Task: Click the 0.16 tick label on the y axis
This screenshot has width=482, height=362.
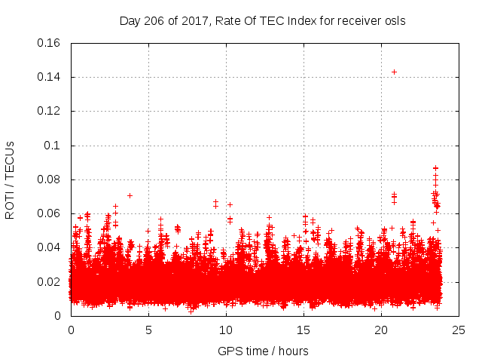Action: click(50, 43)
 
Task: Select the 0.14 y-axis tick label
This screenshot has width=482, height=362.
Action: click(50, 77)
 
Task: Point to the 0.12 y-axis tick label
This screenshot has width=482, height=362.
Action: click(50, 111)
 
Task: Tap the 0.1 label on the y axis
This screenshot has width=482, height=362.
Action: click(53, 145)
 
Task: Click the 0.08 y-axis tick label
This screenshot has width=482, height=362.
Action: click(50, 179)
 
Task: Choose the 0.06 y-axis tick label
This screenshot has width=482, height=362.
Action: click(50, 213)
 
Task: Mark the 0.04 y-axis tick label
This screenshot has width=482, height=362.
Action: click(50, 247)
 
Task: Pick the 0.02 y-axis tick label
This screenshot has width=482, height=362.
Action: click(50, 282)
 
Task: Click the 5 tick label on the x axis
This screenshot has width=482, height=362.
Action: click(148, 330)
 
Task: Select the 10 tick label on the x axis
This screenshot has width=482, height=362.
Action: click(226, 330)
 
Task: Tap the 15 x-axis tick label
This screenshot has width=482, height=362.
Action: click(304, 330)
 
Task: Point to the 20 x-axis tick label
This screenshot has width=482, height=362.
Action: click(381, 330)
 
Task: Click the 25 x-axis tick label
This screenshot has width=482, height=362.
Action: click(459, 330)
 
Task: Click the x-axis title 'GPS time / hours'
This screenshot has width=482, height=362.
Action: click(263, 351)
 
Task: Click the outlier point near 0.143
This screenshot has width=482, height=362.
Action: click(394, 72)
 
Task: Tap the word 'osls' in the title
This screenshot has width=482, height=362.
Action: click(395, 20)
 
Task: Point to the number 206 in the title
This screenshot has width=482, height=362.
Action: click(153, 20)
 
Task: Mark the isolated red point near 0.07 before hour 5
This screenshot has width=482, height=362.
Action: click(130, 195)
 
